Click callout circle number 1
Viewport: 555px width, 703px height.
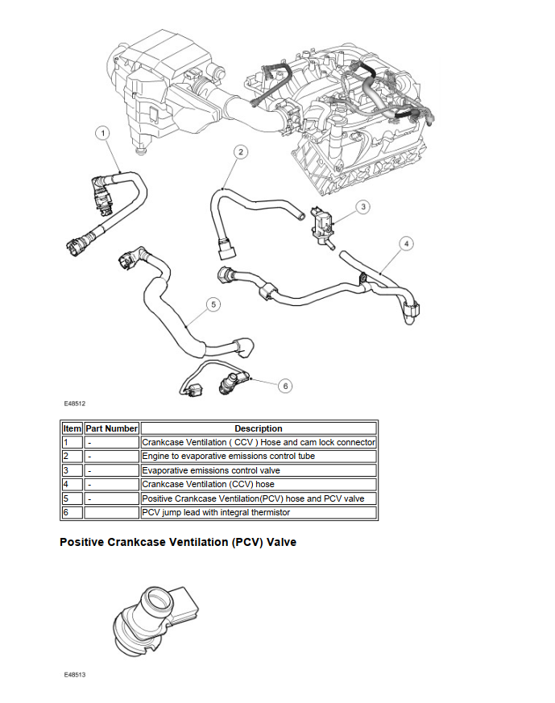104,132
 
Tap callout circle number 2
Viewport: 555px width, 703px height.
240,151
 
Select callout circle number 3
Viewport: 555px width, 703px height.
363,207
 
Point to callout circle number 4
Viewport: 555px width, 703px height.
406,243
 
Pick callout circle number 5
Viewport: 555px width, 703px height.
213,304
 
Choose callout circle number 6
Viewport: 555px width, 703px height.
285,386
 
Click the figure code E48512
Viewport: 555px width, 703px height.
75,403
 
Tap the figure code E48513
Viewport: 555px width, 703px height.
75,674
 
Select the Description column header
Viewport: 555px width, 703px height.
258,428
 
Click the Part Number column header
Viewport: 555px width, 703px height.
112,428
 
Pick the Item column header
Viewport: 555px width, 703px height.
72,428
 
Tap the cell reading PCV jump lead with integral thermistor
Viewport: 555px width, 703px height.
216,512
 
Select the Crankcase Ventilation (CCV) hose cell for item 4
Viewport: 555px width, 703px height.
208,484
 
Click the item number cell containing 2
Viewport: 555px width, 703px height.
65,457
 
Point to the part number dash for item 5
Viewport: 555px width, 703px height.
89,498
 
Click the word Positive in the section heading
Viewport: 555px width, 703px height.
82,542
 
